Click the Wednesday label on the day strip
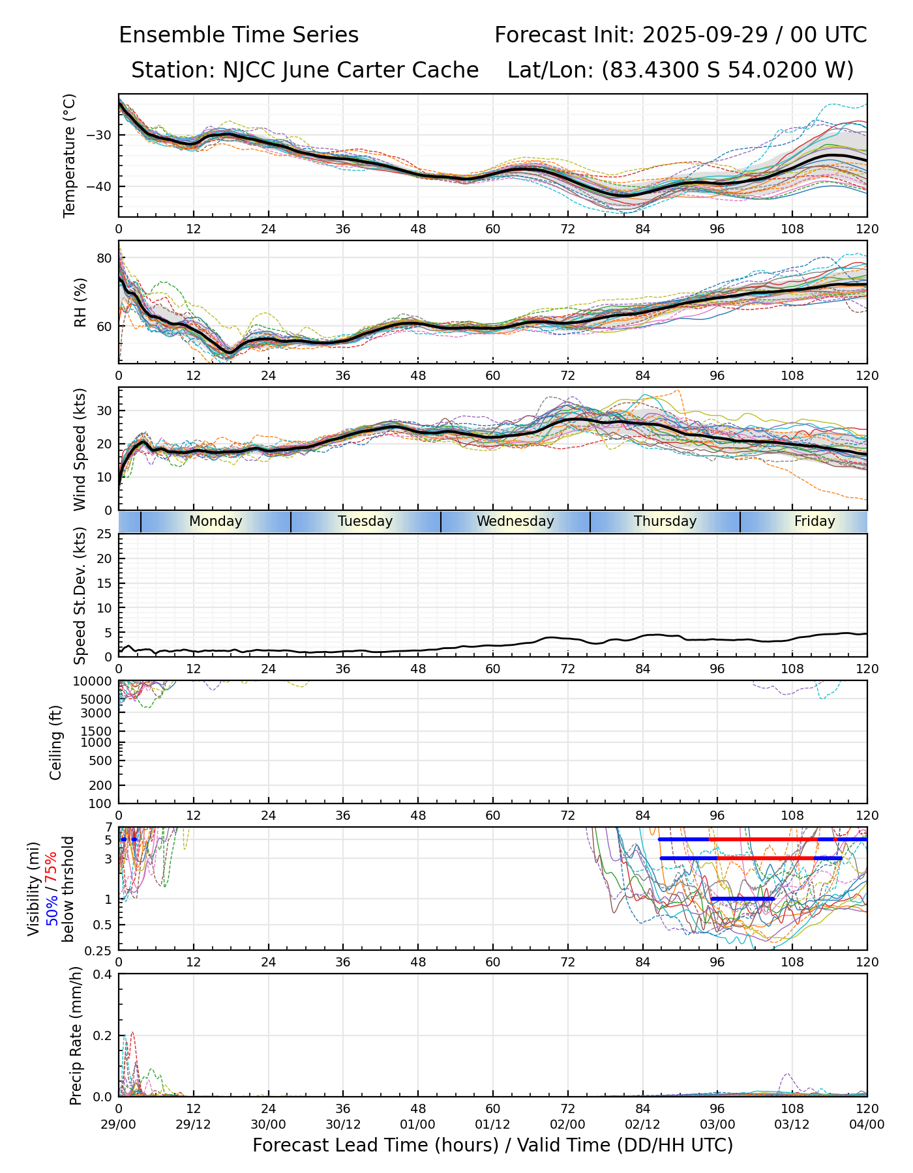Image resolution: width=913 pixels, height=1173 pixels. point(515,521)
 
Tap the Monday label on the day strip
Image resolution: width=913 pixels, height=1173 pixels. point(215,521)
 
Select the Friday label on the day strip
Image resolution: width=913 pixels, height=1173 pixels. point(815,521)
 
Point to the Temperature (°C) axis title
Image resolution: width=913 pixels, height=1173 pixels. point(70,156)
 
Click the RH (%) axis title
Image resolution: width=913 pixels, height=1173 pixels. point(80,302)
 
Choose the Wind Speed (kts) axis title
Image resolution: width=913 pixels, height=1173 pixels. point(80,449)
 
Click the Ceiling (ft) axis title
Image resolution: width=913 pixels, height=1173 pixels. point(56,742)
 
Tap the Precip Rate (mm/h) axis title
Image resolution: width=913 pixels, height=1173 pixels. point(76,1035)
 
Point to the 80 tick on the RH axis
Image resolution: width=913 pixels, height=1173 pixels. point(104,258)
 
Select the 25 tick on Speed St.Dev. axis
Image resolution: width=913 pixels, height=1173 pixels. point(104,534)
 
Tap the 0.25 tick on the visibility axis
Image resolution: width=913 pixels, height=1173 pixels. point(100,950)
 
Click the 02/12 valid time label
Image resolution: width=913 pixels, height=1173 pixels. point(642,1124)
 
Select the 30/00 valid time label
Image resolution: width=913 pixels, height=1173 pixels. point(268,1124)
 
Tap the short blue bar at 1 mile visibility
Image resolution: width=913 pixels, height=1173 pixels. point(742,899)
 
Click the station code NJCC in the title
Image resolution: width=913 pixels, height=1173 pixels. point(250,70)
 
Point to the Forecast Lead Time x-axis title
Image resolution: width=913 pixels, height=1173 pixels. point(492,1145)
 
